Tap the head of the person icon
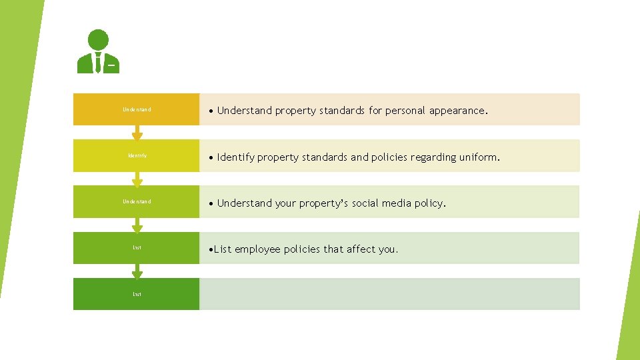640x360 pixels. pyautogui.click(x=98, y=40)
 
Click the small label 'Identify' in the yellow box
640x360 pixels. pyautogui.click(x=137, y=156)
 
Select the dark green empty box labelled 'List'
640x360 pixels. pyautogui.click(x=137, y=294)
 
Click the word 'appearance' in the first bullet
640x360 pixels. pyautogui.click(x=459, y=111)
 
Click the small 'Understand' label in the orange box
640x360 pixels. pyautogui.click(x=137, y=109)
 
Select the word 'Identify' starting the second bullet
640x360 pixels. pyautogui.click(x=235, y=157)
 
